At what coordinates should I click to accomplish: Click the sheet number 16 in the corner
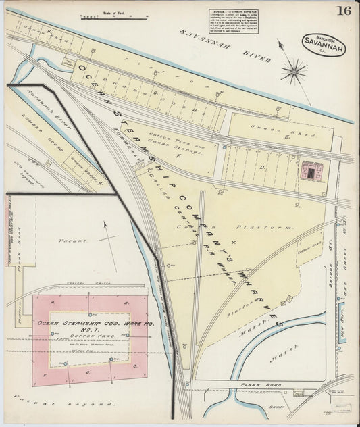click(344, 11)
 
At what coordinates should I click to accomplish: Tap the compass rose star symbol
click(293, 69)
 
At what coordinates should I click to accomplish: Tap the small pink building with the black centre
click(311, 172)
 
